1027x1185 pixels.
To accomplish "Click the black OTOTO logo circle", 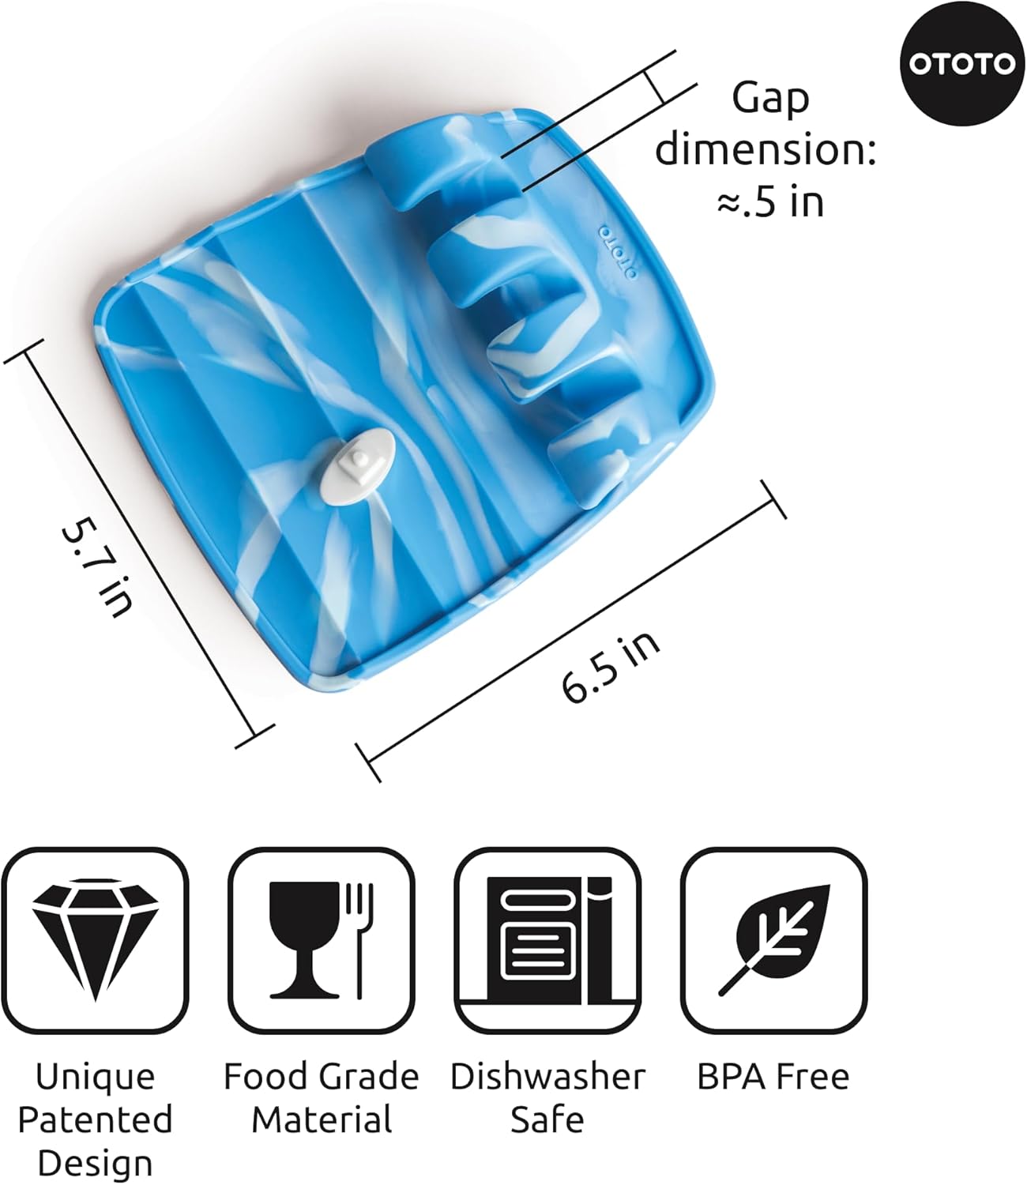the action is click(961, 64).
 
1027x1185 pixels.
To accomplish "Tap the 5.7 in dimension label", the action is click(97, 566).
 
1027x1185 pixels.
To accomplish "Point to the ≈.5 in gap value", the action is click(770, 202).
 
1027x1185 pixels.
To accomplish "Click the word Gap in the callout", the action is click(771, 100).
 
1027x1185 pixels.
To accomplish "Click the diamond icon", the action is click(95, 940).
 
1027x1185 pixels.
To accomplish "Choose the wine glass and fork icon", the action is click(321, 941).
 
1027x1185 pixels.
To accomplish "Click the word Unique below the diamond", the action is click(95, 1078).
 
